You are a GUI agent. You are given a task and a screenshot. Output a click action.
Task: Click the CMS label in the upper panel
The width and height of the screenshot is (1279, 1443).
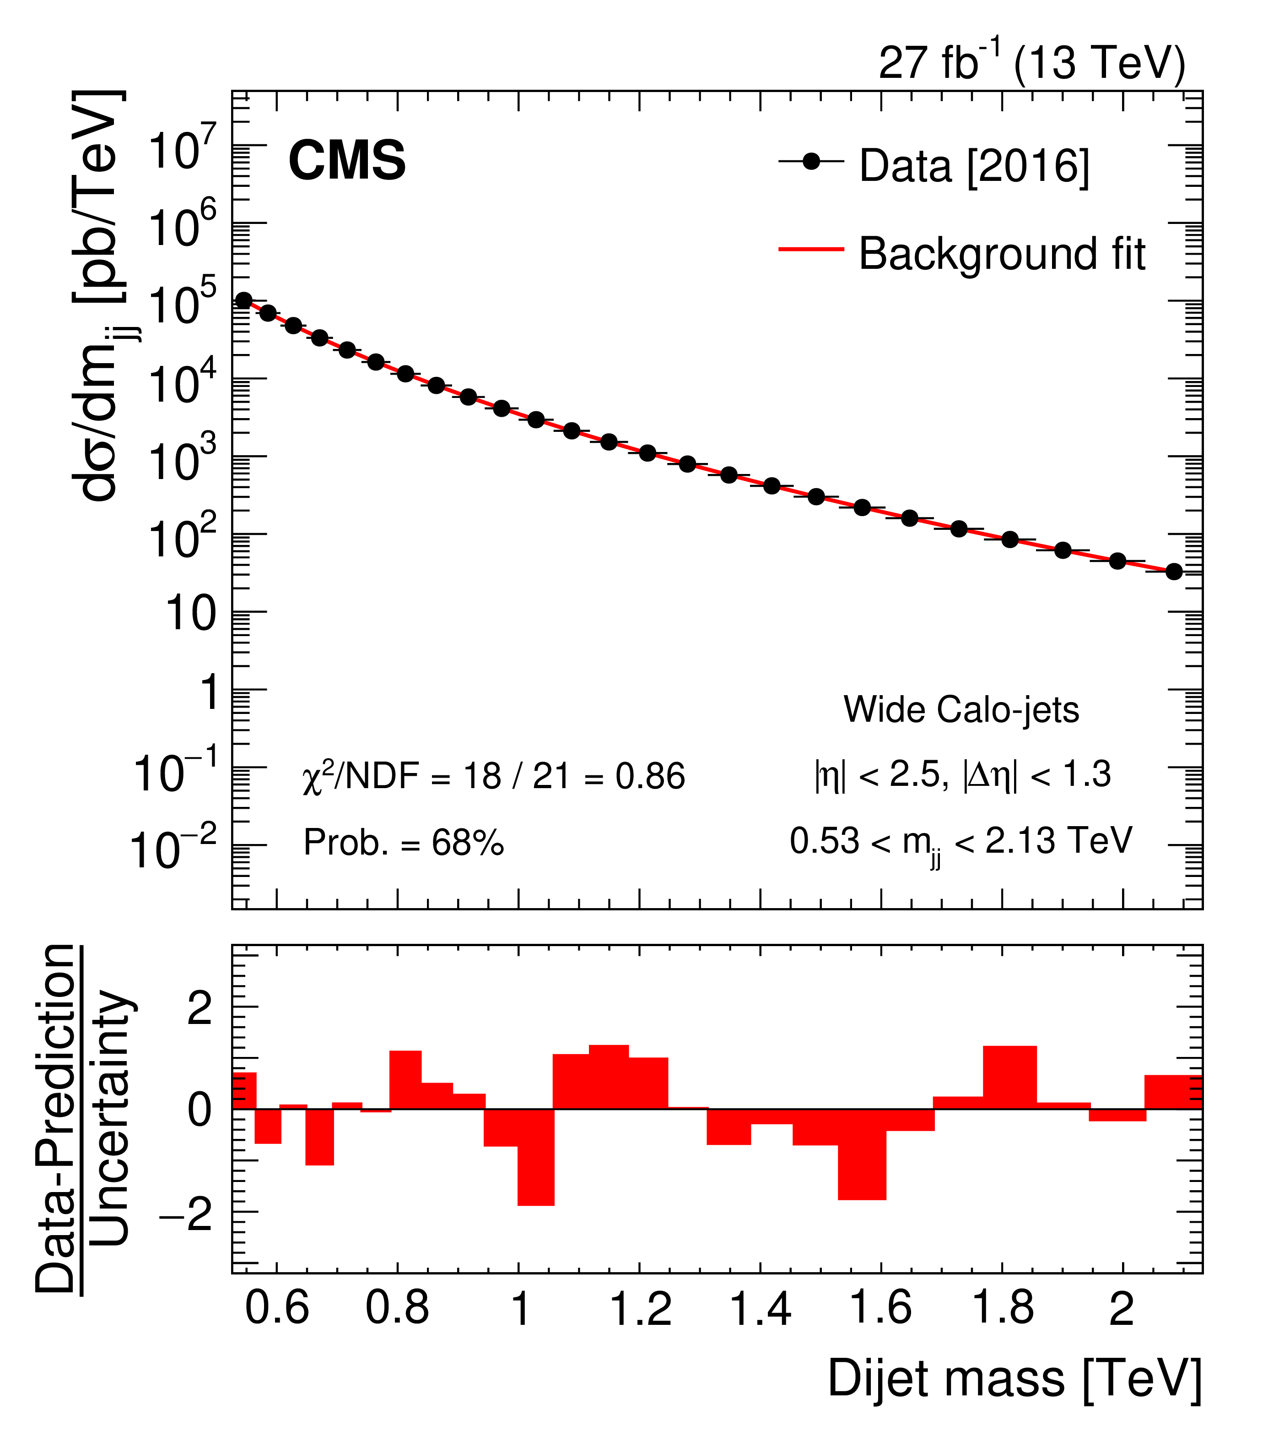tap(346, 161)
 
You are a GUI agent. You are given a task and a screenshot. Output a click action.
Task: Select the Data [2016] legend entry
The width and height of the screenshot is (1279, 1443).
tap(973, 167)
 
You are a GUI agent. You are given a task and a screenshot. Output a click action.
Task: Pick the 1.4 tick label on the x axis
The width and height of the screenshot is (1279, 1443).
tap(760, 1308)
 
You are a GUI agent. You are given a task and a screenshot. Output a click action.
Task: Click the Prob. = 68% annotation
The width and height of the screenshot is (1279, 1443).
tap(404, 842)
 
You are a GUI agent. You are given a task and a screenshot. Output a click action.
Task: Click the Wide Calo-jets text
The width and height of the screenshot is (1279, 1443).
tap(961, 709)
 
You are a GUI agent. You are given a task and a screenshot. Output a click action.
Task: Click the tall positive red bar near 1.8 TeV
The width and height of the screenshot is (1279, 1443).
tap(1009, 1077)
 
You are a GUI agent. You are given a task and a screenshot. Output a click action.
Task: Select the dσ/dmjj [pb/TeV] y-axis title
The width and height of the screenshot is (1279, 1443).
tap(103, 296)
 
